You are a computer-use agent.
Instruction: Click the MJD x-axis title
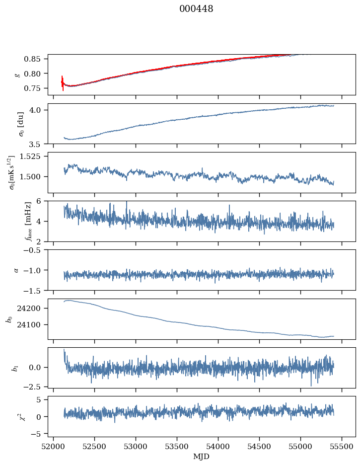pyautogui.click(x=202, y=456)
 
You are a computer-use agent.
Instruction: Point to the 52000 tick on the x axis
pyautogui.click(x=54, y=446)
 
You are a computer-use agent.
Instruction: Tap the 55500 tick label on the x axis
pyautogui.click(x=342, y=446)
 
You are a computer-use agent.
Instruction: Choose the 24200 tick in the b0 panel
pyautogui.click(x=33, y=309)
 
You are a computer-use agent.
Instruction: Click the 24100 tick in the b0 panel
pyautogui.click(x=33, y=325)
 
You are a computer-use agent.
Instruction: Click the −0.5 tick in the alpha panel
pyautogui.click(x=35, y=250)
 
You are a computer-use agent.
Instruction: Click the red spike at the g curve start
pyautogui.click(x=63, y=82)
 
